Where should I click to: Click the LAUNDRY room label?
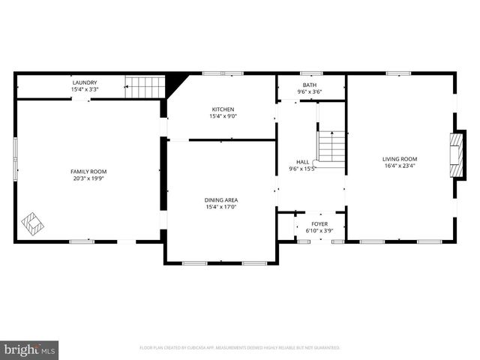click(85, 82)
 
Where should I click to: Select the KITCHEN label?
click(223, 109)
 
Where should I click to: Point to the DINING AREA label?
click(221, 199)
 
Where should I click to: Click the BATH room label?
click(310, 85)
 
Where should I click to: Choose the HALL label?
click(303, 162)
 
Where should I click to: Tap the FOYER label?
click(320, 223)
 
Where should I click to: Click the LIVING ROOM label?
click(400, 159)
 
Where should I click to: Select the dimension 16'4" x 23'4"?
click(400, 166)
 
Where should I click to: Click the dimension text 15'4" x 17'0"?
click(221, 206)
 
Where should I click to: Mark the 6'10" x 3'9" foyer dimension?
click(320, 230)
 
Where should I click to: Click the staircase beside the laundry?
click(144, 86)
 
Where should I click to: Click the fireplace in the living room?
click(454, 154)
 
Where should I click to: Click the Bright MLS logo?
click(30, 349)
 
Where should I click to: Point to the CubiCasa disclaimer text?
click(240, 348)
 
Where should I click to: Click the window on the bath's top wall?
click(310, 73)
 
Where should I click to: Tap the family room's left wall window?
click(14, 158)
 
